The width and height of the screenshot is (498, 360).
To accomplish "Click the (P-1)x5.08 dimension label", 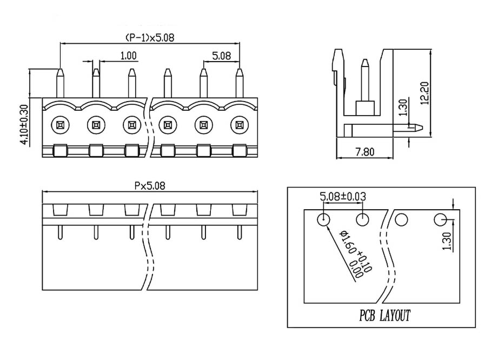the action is pos(150,38).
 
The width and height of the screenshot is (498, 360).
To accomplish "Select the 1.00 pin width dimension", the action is pos(129,56).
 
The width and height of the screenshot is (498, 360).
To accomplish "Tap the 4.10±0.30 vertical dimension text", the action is pos(24,124).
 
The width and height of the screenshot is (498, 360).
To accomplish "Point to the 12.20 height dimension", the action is pos(424,94).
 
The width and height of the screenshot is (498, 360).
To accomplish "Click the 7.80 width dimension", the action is pos(364,152).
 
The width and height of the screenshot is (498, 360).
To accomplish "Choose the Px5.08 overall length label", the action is pos(150,186).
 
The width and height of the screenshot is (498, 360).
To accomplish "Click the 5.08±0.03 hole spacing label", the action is pos(343,197).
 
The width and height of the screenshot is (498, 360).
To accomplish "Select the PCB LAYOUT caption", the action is pos(384,316).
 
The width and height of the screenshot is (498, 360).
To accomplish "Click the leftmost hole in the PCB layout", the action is pos(323,219).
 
